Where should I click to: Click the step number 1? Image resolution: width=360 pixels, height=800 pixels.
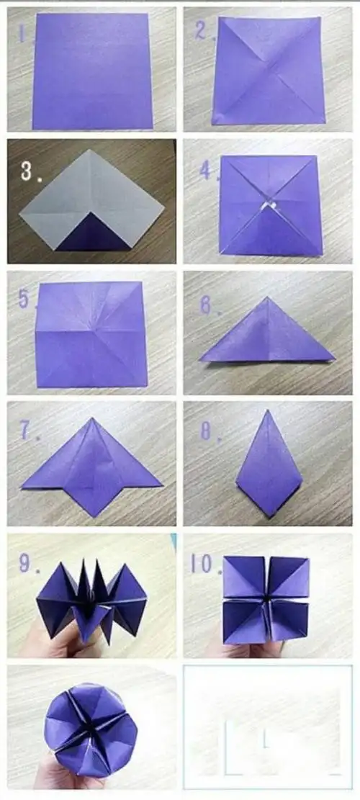pyautogui.click(x=23, y=35)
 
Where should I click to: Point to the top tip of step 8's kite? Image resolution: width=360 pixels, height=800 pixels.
pyautogui.click(x=268, y=411)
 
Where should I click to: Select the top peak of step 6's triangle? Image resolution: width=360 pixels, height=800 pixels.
pyautogui.click(x=266, y=297)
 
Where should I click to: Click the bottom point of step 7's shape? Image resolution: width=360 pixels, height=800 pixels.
pyautogui.click(x=91, y=516)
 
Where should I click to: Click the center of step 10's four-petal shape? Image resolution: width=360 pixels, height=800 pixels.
pyautogui.click(x=267, y=598)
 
